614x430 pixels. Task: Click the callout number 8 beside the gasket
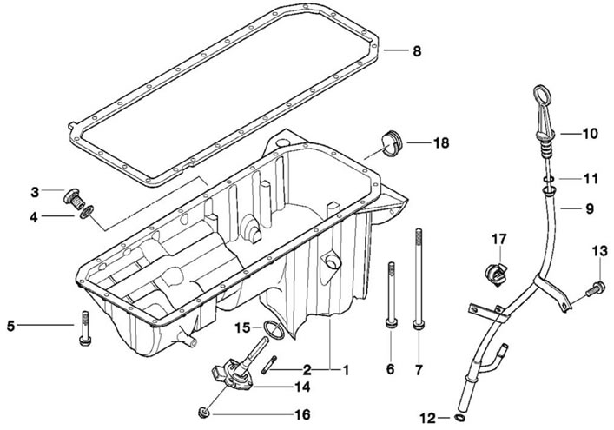pos(417,51)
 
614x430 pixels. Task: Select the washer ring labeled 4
pos(86,212)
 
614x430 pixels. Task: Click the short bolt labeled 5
pos(85,328)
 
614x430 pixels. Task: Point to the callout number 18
pos(441,143)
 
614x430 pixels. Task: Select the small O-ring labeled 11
pos(548,180)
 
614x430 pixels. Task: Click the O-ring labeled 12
pos(460,418)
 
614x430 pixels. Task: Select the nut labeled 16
pos(203,413)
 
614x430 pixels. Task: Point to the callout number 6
pos(391,369)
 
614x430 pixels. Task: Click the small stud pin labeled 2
pos(268,365)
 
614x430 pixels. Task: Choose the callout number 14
pos(302,387)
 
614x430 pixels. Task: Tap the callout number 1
pos(346,370)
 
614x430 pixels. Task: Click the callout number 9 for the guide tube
pos(590,208)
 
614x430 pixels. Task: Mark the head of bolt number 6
pos(391,323)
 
